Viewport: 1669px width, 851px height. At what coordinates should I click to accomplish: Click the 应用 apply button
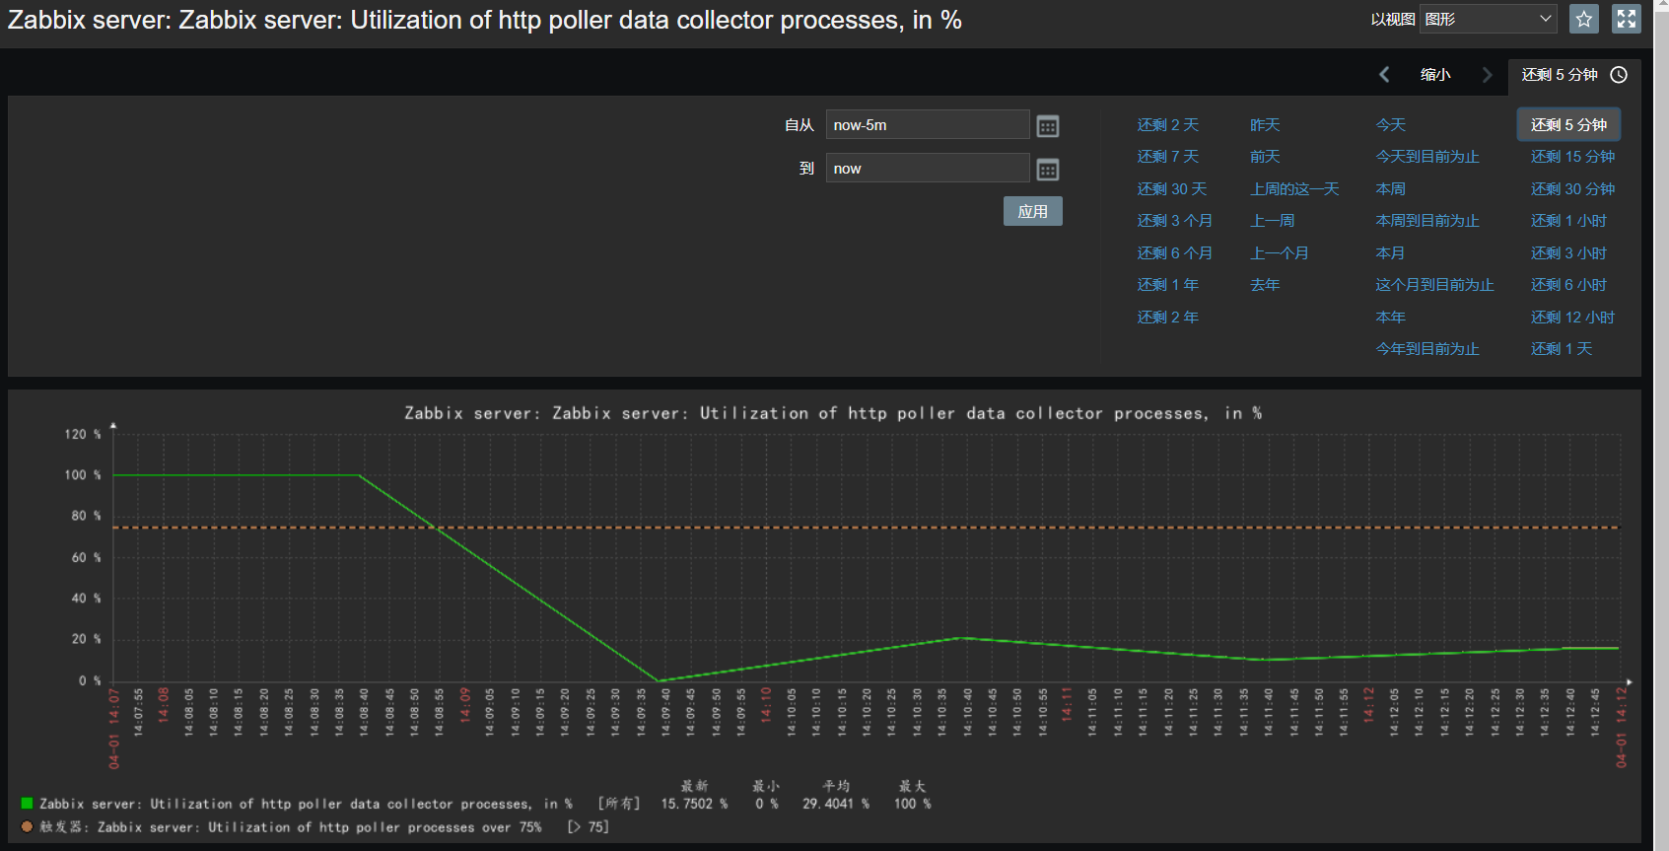[1032, 211]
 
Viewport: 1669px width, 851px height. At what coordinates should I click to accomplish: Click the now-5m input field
[927, 125]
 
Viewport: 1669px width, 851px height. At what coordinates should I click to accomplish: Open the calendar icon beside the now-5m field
[1048, 126]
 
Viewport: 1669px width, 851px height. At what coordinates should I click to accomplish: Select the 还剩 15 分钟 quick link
[1572, 157]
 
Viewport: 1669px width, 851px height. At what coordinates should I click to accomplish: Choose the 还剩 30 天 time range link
[1171, 189]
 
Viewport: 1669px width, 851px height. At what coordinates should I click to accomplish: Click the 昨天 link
[1265, 125]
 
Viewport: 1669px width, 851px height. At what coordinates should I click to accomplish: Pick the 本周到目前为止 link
[1426, 221]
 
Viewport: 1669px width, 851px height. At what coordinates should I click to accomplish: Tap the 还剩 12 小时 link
[1572, 318]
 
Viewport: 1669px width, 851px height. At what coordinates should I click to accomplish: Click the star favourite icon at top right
[1584, 19]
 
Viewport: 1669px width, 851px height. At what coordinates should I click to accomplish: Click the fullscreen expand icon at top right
[1627, 19]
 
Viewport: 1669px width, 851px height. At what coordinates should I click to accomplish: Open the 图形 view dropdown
[1488, 19]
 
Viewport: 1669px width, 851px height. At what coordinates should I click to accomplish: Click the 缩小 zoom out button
[1435, 75]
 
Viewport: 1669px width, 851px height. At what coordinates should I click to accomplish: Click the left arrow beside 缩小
[1384, 75]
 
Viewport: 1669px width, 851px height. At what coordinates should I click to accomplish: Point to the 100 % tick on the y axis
[83, 475]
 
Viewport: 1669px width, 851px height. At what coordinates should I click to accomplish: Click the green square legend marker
[27, 804]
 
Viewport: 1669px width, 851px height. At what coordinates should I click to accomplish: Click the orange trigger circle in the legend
[27, 827]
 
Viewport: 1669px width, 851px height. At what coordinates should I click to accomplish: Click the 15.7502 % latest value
[694, 804]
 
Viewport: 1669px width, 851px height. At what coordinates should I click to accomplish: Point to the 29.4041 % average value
[835, 804]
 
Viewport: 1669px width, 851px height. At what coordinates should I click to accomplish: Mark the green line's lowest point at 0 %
[659, 680]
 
